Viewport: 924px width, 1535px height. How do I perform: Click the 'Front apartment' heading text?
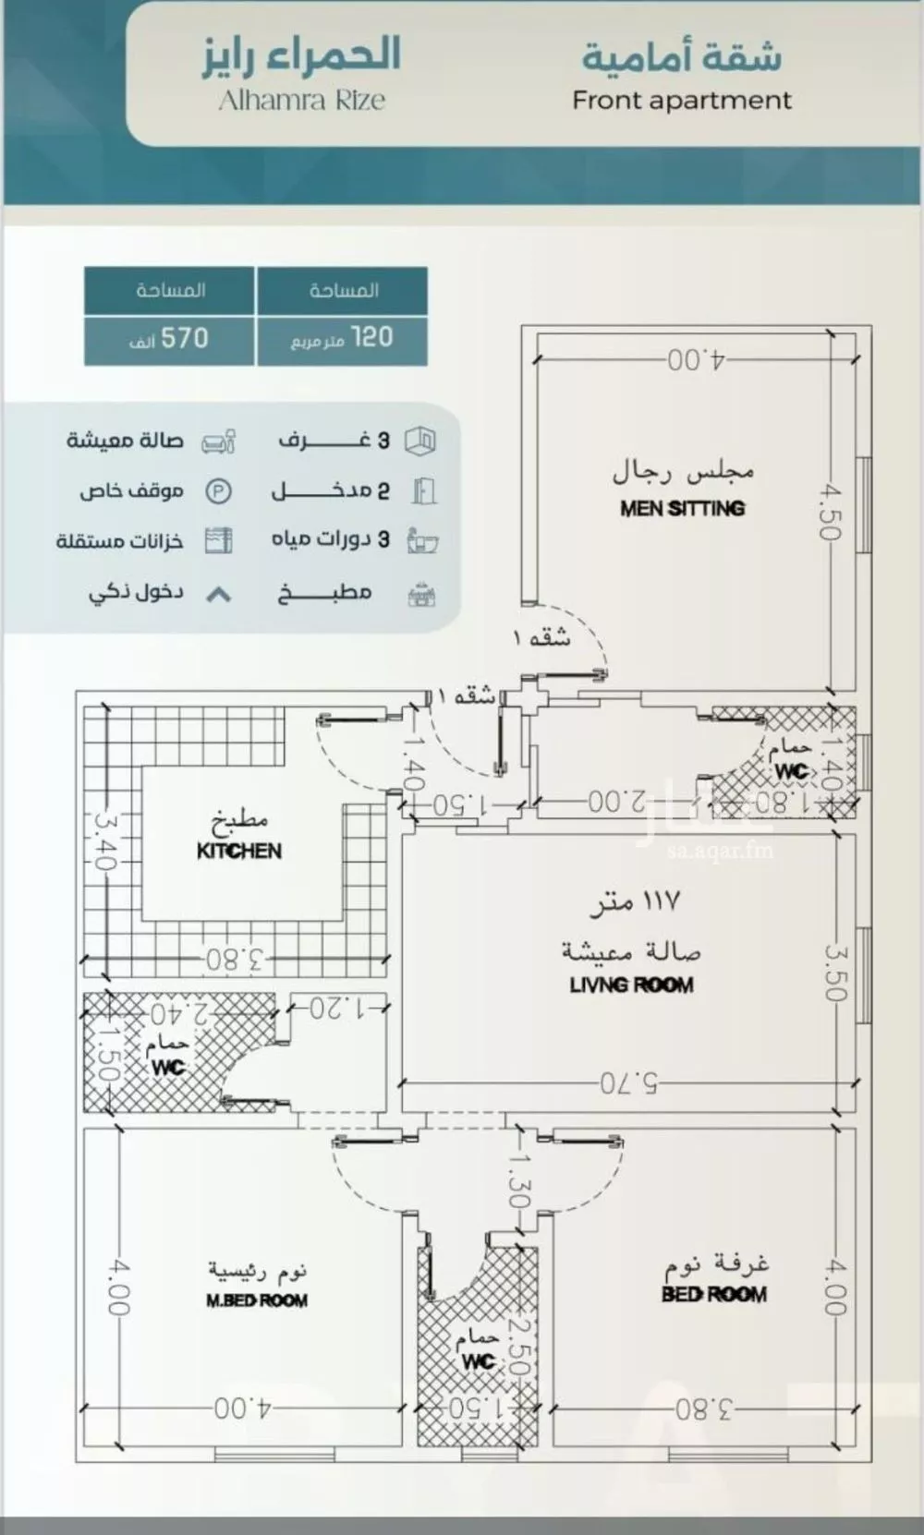(681, 101)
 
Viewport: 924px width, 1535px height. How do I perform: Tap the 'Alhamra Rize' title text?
(301, 101)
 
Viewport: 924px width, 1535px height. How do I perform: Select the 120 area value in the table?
(371, 338)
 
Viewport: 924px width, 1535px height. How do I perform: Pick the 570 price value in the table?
(185, 338)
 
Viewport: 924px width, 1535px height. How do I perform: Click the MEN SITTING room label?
(682, 508)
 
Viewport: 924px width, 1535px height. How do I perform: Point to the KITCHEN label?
(238, 851)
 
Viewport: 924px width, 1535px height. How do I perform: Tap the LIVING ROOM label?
(631, 985)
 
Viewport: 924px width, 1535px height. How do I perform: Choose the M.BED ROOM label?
(256, 1300)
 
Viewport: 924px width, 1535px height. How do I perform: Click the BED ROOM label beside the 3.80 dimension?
(713, 1294)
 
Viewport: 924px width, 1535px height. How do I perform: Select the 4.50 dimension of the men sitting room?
(828, 514)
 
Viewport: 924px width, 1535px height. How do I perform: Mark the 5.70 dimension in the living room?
(629, 1082)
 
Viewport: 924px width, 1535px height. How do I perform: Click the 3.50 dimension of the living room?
(833, 972)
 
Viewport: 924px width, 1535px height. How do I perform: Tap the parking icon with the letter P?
(218, 491)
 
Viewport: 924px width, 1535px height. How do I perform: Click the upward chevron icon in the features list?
(218, 595)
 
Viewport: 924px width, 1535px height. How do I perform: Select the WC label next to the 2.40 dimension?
(167, 1068)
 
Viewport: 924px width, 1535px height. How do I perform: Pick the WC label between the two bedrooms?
(478, 1361)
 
